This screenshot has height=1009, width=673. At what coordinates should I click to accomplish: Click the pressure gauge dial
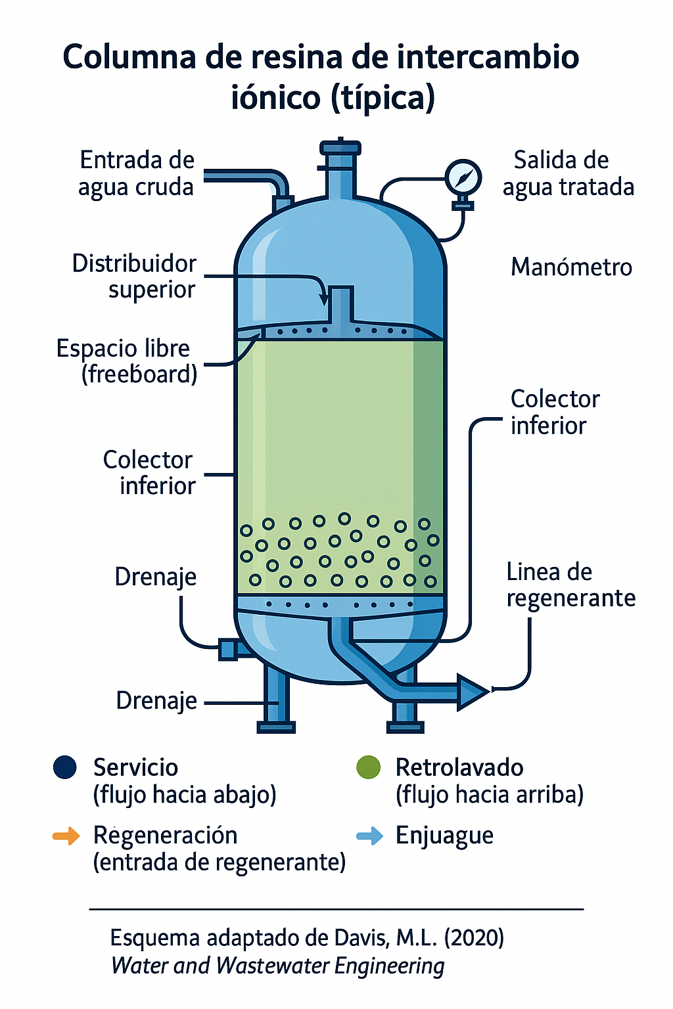pos(463,177)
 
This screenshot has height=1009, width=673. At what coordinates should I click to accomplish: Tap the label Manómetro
pos(571,267)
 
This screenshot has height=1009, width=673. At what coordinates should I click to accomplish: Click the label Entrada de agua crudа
pos(137,173)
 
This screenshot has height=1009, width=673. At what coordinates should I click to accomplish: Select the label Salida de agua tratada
pos(568,173)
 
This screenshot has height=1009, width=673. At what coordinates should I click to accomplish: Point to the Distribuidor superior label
pos(134,276)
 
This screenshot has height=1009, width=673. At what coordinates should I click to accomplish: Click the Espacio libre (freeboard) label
pos(127,361)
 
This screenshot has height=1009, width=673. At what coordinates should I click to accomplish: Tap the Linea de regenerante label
pos(570,585)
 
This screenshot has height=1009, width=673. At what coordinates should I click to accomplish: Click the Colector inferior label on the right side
pos(554,412)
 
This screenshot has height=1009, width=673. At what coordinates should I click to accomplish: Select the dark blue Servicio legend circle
pos(65,767)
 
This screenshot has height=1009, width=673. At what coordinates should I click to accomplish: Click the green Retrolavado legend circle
pos(368,767)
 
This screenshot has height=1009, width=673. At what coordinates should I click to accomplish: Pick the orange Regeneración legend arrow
pos(66,836)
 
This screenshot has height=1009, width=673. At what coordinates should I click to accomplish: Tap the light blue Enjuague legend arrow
pos(369,836)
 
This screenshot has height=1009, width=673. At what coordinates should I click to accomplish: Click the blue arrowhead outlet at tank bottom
pos(472,692)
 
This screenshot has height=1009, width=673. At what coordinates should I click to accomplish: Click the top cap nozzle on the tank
pos(340,148)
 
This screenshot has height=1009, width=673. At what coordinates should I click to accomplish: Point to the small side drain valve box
pos(228,650)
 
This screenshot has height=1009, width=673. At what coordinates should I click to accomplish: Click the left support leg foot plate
pos(275,727)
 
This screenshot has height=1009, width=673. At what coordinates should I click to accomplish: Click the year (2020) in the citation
pos(474,937)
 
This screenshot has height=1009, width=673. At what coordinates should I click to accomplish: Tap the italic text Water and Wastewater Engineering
pos(277,966)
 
